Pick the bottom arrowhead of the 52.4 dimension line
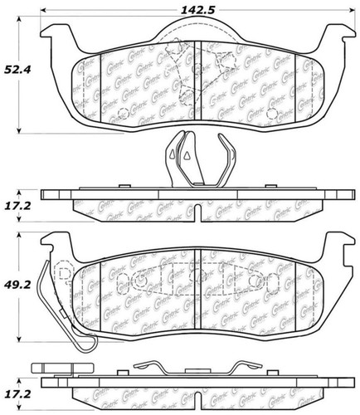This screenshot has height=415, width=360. (x=19, y=130)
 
